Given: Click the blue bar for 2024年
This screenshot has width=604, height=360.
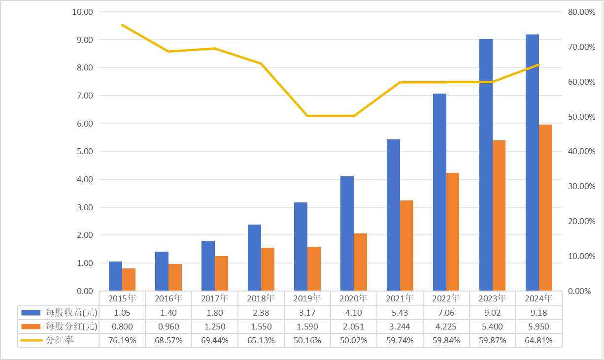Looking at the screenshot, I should pos(532,163).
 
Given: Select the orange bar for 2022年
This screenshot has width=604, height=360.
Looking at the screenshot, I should pos(452,231).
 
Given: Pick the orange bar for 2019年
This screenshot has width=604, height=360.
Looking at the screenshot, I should pos(314,268).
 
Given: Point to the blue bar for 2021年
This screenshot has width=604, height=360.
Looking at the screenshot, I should pos(393,215).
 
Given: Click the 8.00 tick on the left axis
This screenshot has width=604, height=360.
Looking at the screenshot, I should pos(83,67).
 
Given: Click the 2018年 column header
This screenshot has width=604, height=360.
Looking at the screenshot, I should pos(261,298).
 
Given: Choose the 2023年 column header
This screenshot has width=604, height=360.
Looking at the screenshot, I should pos(492,298).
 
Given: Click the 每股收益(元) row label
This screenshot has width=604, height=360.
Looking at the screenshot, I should pos(71,312).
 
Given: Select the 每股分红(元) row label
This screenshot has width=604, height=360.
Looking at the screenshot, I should pos(71,326).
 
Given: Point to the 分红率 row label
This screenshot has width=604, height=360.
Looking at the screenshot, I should pos(60,340).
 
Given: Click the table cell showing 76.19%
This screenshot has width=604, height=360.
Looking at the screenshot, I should pos(122,340).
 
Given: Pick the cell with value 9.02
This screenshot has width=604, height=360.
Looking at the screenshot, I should pos(492,312).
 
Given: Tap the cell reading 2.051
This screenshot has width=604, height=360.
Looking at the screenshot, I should pos(353,326).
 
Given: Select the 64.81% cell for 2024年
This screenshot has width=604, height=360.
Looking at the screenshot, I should pos(538,340).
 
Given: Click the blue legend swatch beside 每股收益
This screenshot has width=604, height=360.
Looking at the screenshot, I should pos(32,312).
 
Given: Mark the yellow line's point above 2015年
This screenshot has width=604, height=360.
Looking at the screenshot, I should pos(122,25).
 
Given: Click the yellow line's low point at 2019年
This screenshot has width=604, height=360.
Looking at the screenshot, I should pos(307,116).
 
